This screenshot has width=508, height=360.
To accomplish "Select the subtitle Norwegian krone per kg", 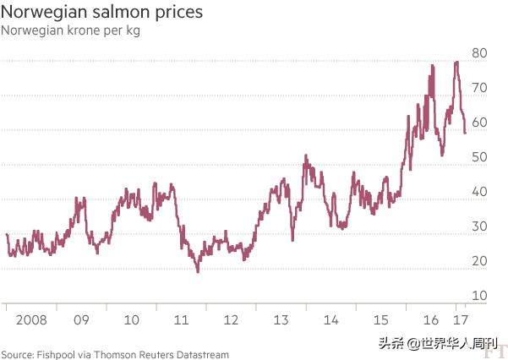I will tap(70, 31).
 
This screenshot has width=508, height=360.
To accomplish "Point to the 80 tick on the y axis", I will tap(479, 52).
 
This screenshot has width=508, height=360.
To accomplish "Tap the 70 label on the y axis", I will tap(479, 87).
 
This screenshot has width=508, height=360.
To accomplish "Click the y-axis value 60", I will tap(479, 122).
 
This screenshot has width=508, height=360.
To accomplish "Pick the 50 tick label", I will tap(479, 156).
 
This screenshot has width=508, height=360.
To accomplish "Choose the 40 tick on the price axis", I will tap(479, 192).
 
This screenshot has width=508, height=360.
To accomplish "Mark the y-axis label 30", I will tap(479, 226).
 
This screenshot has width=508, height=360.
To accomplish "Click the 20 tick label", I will tap(479, 261).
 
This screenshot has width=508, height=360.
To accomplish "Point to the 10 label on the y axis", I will tap(479, 296).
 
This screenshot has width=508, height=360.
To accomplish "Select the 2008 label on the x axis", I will tap(30, 321).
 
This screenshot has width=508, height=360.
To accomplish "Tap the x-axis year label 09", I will tap(80, 321).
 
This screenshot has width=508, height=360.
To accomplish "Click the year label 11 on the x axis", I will tap(181, 321).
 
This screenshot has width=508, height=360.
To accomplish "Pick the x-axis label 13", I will tap(281, 321).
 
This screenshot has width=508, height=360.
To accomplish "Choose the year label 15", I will tap(381, 321).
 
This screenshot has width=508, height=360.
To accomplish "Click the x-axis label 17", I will tap(460, 321).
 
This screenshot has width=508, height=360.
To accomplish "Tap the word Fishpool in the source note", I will tap(56, 354).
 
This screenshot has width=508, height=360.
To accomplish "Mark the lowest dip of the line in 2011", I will tap(198, 271).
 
